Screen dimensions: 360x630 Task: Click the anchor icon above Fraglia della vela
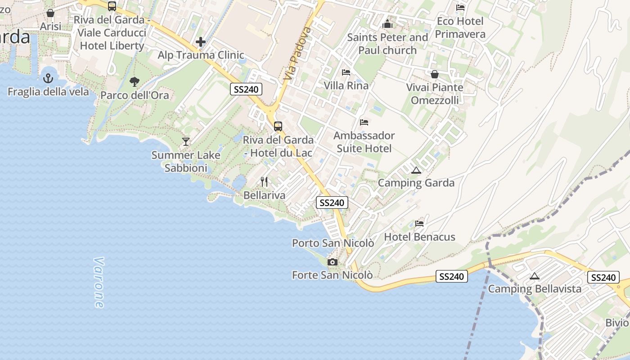(x=48, y=78)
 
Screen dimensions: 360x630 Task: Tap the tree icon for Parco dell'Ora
(x=134, y=81)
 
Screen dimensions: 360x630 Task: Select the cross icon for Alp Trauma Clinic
(x=201, y=42)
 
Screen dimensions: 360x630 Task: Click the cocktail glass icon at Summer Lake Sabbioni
(x=185, y=142)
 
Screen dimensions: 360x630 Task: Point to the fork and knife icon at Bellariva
(x=264, y=182)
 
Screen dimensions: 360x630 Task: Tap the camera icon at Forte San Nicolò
(x=333, y=262)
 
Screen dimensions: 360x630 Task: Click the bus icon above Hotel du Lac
(x=278, y=126)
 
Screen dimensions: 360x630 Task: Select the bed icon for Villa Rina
(x=346, y=72)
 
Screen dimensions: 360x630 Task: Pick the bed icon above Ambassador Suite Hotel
(x=364, y=122)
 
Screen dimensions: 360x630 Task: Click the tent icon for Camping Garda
(x=416, y=170)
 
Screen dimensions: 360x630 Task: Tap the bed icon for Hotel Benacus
(x=419, y=223)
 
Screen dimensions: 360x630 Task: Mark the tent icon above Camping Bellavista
(x=535, y=276)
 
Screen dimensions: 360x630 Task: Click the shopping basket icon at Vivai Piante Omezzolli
(x=435, y=74)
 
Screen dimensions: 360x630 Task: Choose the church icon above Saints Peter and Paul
(x=387, y=24)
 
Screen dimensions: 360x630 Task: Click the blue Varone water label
(x=99, y=283)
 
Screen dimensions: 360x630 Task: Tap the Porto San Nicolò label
(x=333, y=243)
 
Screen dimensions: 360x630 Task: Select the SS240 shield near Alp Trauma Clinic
(x=246, y=89)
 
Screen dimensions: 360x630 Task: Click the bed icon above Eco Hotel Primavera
(x=460, y=8)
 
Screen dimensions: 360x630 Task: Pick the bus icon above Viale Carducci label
(x=112, y=6)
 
